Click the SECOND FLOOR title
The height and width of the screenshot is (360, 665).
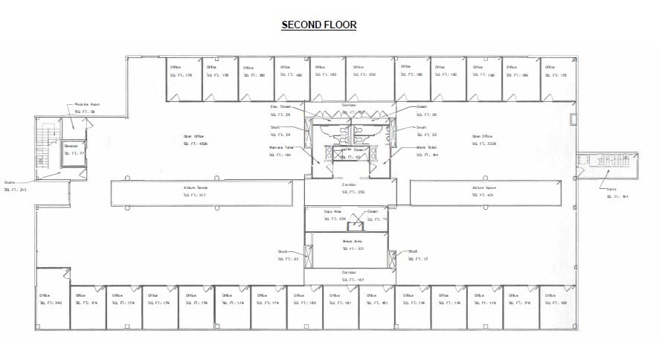(319, 25)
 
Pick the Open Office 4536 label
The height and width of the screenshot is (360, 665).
(193, 140)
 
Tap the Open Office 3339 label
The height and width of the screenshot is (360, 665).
(481, 139)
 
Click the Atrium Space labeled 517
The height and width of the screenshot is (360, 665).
(196, 192)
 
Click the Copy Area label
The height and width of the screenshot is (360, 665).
(332, 216)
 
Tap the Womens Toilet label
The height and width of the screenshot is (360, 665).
(281, 152)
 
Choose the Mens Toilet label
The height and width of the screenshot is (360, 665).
(426, 150)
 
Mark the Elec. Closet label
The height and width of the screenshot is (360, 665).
(280, 110)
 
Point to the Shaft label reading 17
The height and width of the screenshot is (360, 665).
(413, 255)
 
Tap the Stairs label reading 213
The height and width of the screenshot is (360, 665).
(14, 185)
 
